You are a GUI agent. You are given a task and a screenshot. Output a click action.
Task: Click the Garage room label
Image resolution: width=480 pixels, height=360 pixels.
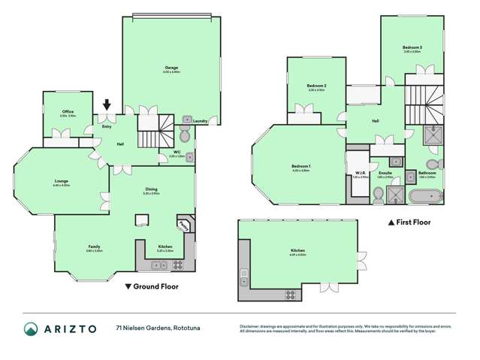click(171, 68)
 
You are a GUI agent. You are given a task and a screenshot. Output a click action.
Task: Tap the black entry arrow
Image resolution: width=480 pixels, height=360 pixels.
click(107, 107)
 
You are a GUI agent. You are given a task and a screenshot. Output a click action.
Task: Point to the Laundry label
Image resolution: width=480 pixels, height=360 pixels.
click(199, 121)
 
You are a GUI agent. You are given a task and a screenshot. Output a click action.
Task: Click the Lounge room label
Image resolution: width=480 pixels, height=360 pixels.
click(61, 181)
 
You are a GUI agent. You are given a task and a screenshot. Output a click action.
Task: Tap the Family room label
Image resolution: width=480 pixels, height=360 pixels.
click(94, 247)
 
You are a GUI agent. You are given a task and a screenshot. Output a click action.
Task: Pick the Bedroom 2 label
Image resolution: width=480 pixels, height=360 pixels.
click(315, 86)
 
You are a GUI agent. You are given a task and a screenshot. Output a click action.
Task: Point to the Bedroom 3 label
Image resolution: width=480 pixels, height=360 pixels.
click(412, 48)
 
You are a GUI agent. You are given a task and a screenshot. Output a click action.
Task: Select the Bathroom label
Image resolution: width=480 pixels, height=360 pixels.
click(427, 173)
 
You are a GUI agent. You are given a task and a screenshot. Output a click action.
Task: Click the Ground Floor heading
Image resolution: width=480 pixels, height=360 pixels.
click(150, 286)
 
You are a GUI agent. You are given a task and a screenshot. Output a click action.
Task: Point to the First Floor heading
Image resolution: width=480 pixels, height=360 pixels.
click(412, 223)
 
